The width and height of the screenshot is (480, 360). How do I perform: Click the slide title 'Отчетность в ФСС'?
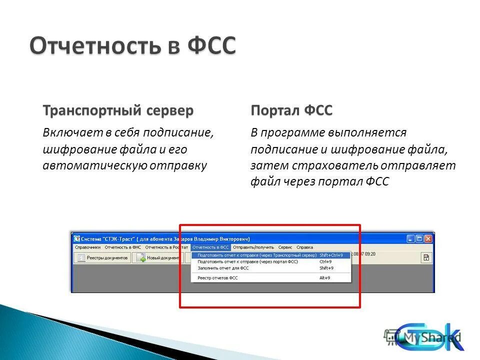click(x=132, y=46)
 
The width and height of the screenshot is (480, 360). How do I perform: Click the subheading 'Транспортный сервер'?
click(x=118, y=110)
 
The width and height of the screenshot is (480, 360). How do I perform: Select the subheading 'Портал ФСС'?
click(x=291, y=110)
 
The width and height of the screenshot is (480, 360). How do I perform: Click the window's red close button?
click(x=428, y=239)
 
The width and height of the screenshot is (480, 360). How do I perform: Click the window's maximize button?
click(x=419, y=239)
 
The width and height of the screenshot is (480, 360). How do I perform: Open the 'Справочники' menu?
click(x=87, y=247)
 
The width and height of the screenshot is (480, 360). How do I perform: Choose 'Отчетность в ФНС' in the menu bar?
click(x=122, y=247)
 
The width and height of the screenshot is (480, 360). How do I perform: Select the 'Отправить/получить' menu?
click(x=253, y=247)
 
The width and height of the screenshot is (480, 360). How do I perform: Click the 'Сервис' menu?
click(x=285, y=247)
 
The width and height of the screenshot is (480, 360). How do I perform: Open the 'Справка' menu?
click(x=304, y=247)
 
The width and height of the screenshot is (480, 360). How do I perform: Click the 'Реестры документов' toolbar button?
click(x=103, y=257)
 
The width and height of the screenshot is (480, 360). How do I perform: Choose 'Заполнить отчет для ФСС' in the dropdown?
click(x=223, y=268)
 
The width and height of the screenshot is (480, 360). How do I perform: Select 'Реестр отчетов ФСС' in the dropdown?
click(x=218, y=277)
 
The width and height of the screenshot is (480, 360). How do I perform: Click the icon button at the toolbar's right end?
click(x=426, y=257)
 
